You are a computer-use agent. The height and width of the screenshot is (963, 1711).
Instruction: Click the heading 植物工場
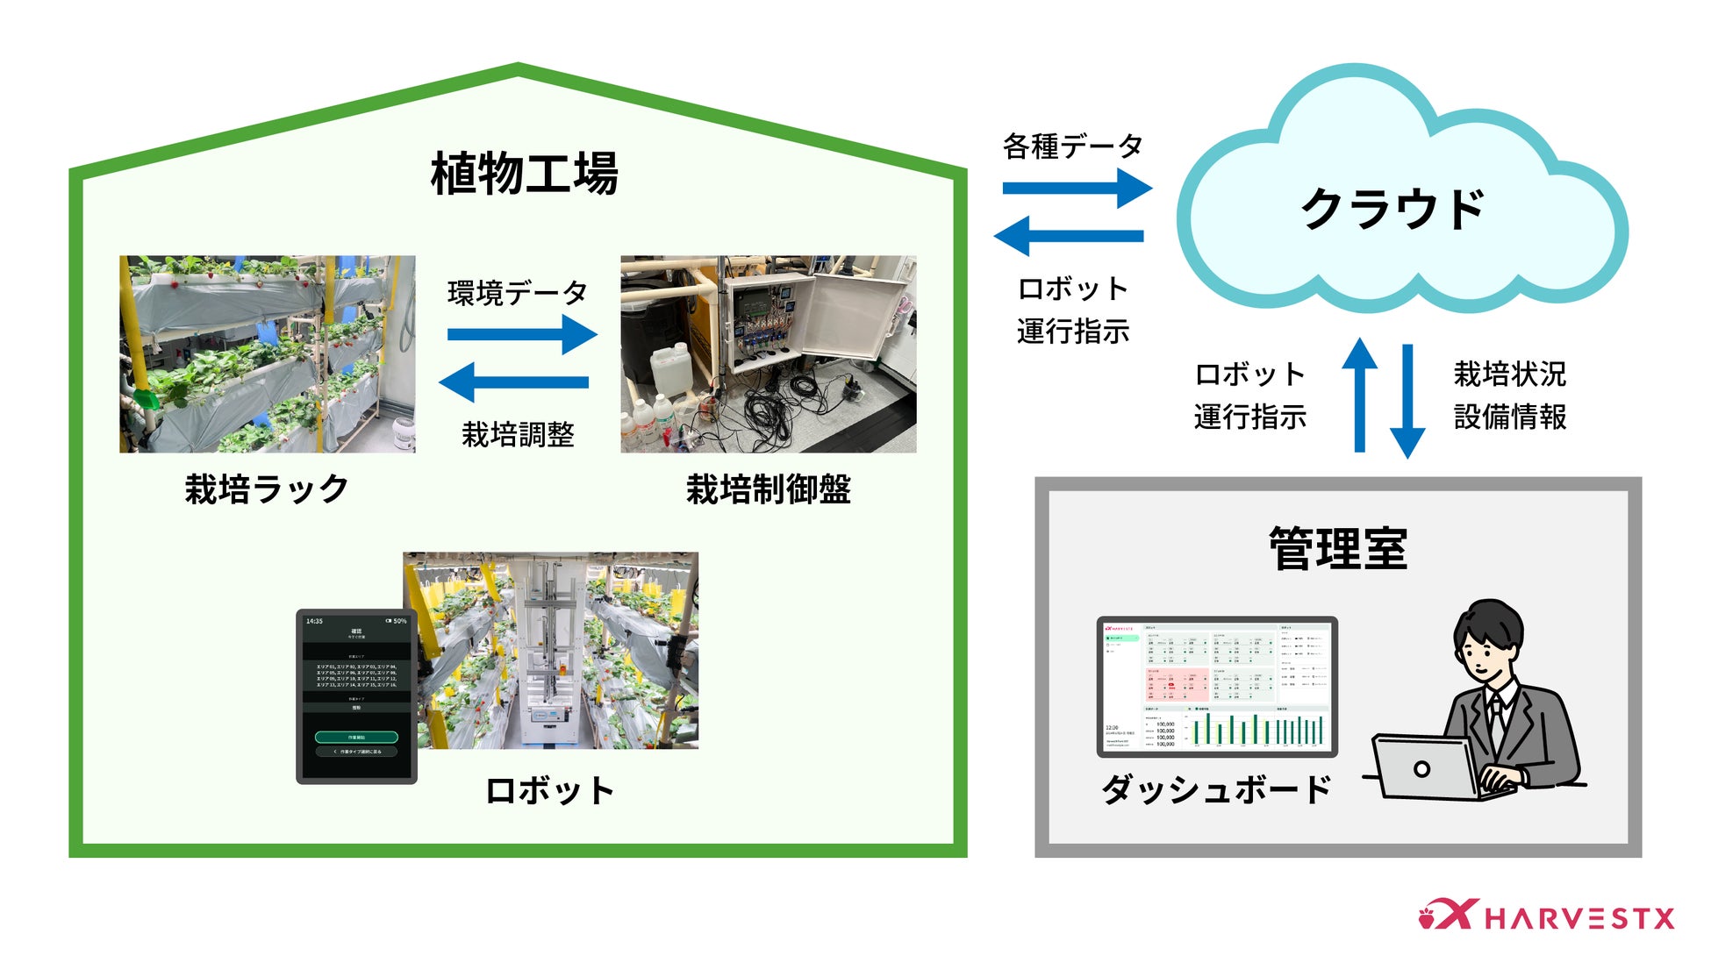click(524, 174)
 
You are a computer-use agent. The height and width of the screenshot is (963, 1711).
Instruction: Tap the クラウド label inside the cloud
click(1392, 210)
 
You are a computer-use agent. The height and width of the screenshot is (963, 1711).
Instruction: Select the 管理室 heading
click(1337, 549)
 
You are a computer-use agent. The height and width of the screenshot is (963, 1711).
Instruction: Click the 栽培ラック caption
click(267, 489)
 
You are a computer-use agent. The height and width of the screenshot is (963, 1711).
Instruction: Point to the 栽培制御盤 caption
click(768, 489)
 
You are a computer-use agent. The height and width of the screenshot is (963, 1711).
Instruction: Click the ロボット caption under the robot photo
click(549, 791)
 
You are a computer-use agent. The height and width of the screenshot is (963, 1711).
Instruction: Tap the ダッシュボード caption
click(1216, 789)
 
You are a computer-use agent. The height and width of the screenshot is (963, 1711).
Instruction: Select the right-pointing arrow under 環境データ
click(522, 334)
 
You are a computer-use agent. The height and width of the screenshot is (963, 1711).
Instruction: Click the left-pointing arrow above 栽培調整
click(514, 382)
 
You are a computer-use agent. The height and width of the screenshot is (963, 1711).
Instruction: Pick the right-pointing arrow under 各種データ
click(1077, 188)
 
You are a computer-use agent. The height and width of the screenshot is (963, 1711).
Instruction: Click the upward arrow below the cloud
click(1360, 395)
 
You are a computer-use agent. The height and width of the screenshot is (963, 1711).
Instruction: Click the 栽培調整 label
click(518, 434)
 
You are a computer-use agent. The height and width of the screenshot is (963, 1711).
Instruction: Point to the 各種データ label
click(1072, 146)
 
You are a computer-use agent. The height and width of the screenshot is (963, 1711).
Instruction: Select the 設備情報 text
click(1509, 417)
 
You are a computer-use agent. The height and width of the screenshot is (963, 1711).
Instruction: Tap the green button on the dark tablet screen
click(356, 738)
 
